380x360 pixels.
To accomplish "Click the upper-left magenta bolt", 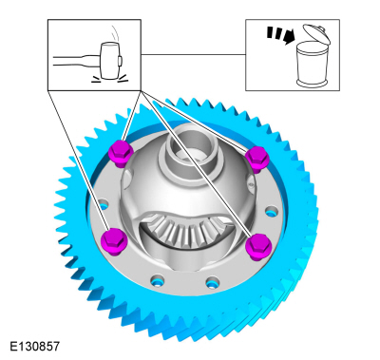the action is (121, 153).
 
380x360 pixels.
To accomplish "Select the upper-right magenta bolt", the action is (257, 160).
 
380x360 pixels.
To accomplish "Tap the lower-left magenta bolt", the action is (113, 241).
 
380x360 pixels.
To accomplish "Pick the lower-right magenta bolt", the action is (259, 247).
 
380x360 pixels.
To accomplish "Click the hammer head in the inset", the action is (109, 60).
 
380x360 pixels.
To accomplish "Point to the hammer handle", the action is (77, 61).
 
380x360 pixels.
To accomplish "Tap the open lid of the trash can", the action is (316, 33).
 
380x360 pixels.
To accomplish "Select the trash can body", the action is (312, 66).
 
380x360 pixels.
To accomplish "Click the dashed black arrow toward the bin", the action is (280, 34).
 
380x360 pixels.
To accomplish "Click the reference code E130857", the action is (35, 346).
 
